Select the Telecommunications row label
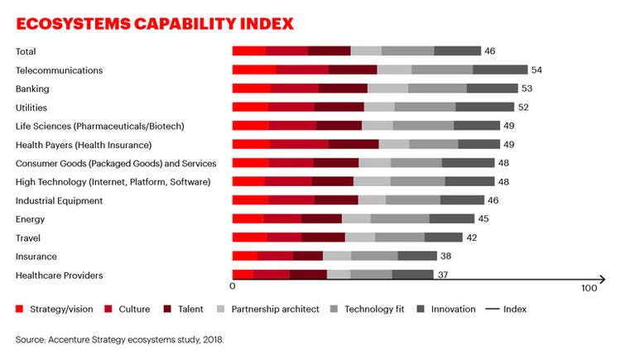59,70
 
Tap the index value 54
537,70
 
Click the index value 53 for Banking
527,89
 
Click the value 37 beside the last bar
442,276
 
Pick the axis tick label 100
589,289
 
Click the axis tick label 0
233,289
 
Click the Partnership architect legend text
275,310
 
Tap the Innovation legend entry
452,310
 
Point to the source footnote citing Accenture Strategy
119,339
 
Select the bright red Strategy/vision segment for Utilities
250,107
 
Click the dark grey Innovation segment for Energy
452,219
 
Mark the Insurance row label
36,257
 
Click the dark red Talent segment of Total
330,51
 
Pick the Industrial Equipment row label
59,200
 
